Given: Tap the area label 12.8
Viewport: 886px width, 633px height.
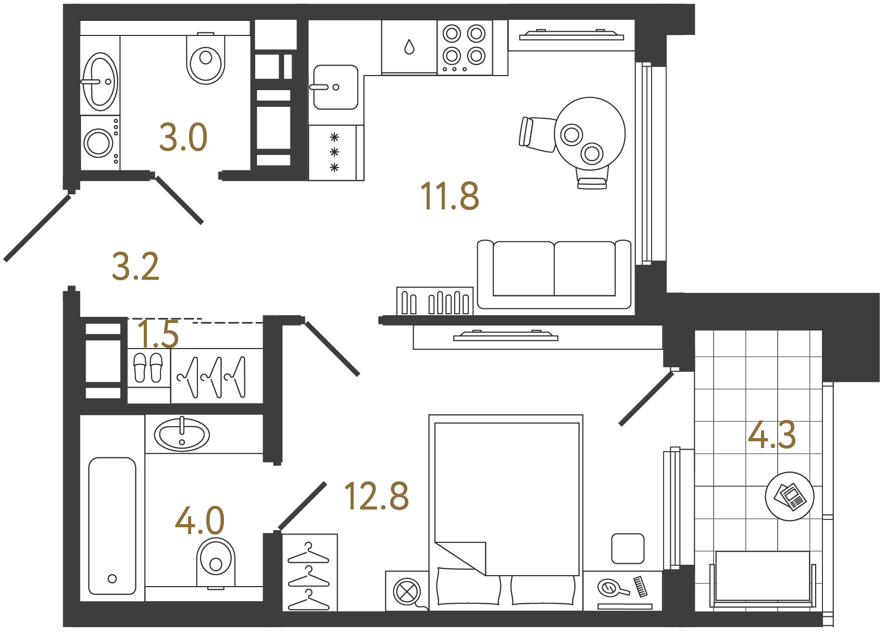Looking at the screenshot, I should [376, 496].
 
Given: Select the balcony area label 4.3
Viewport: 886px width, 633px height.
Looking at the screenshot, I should [771, 435].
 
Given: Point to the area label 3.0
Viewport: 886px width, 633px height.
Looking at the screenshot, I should [183, 138].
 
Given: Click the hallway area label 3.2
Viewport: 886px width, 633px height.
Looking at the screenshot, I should [135, 267].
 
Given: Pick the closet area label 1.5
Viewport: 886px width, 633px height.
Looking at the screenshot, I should [158, 334].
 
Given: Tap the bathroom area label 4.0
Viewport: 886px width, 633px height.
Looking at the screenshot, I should [199, 520].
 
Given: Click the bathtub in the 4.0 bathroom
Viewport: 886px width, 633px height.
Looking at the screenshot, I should [112, 525].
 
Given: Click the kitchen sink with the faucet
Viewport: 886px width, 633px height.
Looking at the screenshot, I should [335, 87].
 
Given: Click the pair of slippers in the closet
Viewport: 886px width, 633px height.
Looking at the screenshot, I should [148, 368].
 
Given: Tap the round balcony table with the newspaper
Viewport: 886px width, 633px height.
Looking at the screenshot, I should [789, 496].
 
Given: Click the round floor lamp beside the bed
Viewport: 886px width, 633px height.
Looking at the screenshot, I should [407, 591].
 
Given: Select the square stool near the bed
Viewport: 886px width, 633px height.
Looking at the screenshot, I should [628, 548].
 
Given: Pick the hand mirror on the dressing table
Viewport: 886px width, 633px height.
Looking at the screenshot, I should [611, 588].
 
